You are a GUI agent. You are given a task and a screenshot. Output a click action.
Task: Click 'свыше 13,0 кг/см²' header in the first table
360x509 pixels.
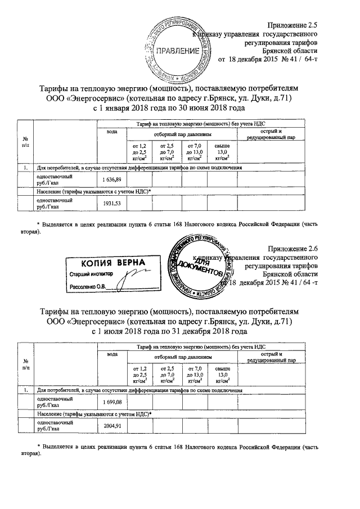click(222, 152)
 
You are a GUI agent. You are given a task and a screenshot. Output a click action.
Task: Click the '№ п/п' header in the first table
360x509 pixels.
click(25, 142)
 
